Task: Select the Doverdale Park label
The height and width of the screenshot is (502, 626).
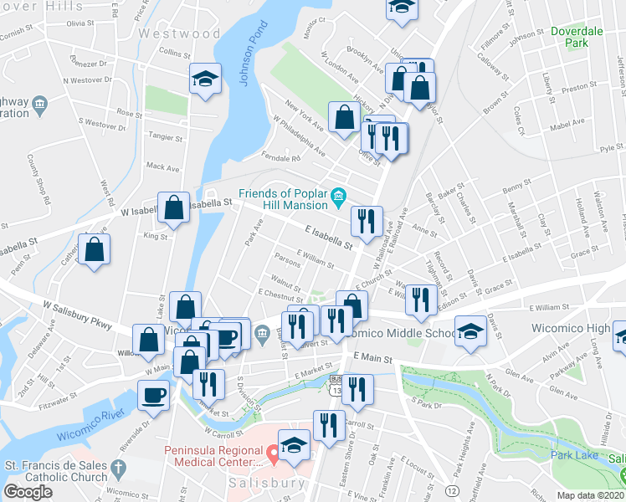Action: pos(577,36)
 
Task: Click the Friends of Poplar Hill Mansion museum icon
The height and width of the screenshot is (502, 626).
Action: pos(338,197)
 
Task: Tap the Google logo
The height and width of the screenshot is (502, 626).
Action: pos(28,492)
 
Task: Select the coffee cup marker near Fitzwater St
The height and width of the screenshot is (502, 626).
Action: pos(153,394)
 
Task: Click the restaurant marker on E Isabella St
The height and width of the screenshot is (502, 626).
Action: pos(367,222)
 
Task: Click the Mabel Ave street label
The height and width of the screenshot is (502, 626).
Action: pos(567,122)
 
